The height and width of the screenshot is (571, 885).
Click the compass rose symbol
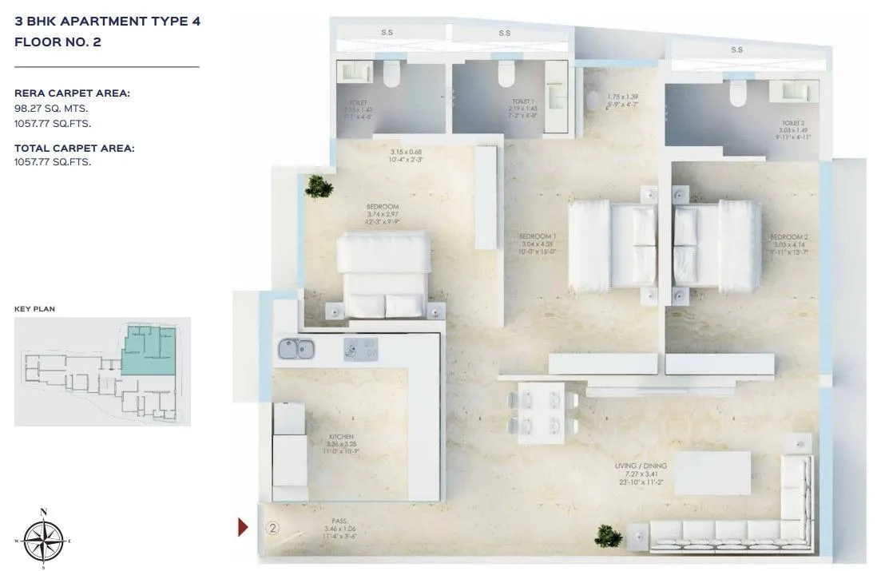click(44, 539)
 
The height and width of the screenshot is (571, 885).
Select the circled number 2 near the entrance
click(272, 527)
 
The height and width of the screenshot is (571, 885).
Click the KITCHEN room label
click(341, 437)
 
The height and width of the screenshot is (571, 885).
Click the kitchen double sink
click(297, 349)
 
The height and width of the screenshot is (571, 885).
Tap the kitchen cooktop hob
click(361, 348)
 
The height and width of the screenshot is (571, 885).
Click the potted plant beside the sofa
click(609, 534)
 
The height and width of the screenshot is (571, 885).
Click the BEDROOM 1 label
click(537, 237)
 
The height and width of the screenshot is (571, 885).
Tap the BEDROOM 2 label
click(789, 237)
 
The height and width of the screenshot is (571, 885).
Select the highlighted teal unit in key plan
click(146, 351)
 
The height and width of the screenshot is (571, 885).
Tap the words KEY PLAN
click(34, 307)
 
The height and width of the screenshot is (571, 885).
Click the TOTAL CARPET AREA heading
click(74, 148)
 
